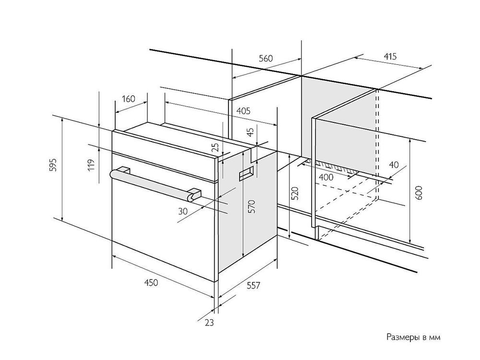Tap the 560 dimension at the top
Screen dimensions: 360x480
[265, 59]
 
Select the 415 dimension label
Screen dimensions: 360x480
[390, 57]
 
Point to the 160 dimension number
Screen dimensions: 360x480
[128, 99]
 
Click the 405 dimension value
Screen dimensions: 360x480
[243, 111]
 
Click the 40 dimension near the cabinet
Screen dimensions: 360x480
[394, 165]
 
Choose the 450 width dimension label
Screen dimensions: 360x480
[151, 283]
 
